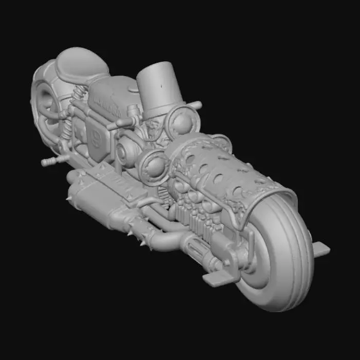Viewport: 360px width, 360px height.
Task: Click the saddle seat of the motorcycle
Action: click(82, 64)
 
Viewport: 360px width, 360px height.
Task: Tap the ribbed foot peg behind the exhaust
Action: click(51, 162)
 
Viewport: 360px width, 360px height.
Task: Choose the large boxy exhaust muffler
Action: click(95, 198)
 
